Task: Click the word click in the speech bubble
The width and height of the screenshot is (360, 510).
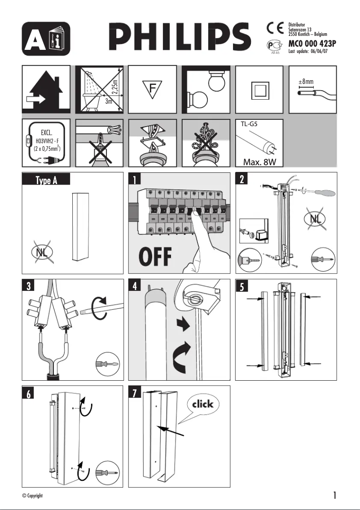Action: pyautogui.click(x=203, y=404)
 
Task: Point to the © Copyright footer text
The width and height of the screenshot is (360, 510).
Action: pyautogui.click(x=32, y=496)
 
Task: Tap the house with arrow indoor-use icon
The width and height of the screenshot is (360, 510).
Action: pyautogui.click(x=46, y=89)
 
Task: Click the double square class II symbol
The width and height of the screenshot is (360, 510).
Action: pyautogui.click(x=259, y=90)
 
